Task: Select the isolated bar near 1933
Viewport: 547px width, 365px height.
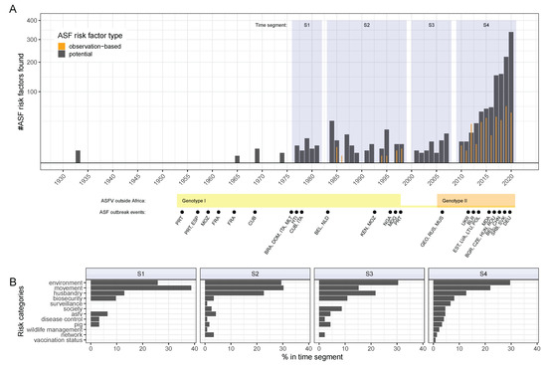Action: tap(78, 155)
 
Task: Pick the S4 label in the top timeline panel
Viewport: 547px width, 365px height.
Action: tap(485, 25)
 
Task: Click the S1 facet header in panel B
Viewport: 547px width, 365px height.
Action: tap(142, 272)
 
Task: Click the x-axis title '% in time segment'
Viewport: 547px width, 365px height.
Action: tap(313, 360)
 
